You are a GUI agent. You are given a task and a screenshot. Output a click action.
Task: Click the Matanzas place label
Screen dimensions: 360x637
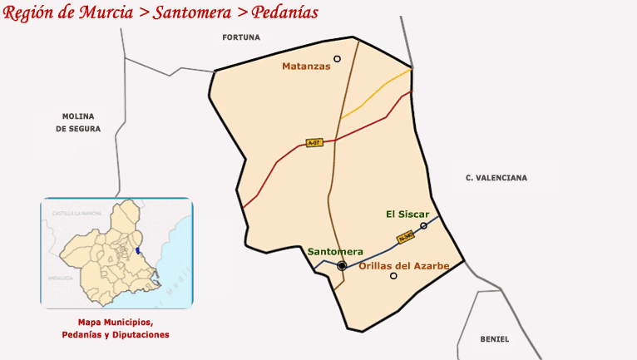[x=306, y=67]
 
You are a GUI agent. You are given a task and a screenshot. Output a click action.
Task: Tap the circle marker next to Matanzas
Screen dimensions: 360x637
[x=338, y=58]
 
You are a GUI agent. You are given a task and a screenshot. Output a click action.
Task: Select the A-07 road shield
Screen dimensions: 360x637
[x=314, y=143]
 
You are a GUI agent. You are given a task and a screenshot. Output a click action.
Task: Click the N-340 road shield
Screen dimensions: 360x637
[x=406, y=238]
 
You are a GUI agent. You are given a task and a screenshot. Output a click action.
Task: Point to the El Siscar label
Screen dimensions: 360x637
[x=407, y=215]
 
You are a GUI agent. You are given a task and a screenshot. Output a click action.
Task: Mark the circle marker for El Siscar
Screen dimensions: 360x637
[x=424, y=226]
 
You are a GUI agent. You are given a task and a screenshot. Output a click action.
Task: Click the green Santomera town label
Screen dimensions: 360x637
[x=335, y=251]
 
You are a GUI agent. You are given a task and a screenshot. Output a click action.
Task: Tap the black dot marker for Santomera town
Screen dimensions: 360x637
[x=342, y=266]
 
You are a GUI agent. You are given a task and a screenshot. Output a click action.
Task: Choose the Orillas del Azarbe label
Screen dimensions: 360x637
[x=404, y=266]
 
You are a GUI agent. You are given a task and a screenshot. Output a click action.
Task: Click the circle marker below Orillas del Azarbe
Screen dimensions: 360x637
[x=394, y=276]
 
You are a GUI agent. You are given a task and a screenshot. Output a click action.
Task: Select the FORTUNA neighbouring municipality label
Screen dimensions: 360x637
[x=241, y=37]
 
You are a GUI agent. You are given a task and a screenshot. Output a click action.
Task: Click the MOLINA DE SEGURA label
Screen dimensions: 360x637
[x=78, y=122]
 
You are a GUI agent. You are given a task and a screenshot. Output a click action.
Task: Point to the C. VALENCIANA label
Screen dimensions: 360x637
[x=496, y=178]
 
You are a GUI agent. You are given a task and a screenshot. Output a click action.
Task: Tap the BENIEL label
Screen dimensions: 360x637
[x=495, y=339]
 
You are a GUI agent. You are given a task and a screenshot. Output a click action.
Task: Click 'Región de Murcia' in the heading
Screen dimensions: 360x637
[x=70, y=12]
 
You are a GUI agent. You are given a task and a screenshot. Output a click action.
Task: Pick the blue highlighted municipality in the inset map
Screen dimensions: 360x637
[x=137, y=250]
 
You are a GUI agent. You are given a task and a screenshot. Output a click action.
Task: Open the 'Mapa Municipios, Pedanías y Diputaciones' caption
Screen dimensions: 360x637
[x=116, y=328]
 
